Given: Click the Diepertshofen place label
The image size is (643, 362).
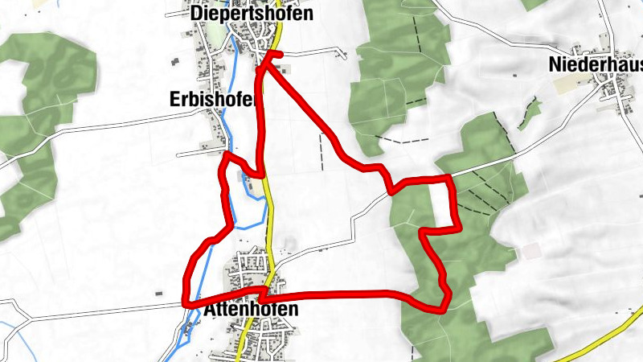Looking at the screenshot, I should [240, 14].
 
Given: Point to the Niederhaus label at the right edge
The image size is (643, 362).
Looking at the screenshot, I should [596, 64].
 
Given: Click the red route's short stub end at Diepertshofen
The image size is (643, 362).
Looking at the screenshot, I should [281, 54].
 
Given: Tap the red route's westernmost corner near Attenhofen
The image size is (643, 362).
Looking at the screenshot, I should [186, 303].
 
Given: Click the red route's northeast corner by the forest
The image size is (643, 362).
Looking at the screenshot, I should [452, 177].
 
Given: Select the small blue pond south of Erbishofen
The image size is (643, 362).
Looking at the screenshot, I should [244, 176].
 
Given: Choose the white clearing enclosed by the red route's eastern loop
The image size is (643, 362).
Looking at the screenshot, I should [440, 205].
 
